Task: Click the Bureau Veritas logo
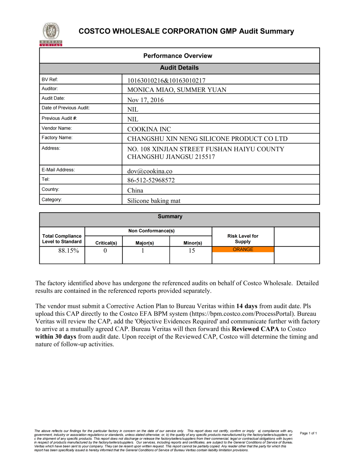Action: (51, 34)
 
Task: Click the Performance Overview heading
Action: (178, 56)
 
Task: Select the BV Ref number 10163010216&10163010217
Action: (166, 80)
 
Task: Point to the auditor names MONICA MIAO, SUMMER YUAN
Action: (177, 90)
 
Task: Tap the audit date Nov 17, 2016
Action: (145, 100)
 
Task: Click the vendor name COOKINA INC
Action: (149, 129)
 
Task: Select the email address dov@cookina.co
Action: (150, 171)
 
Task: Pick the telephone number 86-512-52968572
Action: (151, 180)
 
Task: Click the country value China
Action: (135, 191)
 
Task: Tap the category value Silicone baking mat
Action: (154, 201)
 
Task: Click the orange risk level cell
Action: (243, 249)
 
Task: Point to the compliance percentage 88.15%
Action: (69, 251)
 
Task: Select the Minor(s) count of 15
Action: (192, 251)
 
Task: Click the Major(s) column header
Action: (145, 243)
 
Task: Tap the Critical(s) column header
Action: (106, 243)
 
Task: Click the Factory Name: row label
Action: (57, 138)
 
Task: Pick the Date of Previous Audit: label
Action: (66, 108)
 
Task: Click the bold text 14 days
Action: (247, 306)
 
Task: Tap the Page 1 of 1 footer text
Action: (308, 433)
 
